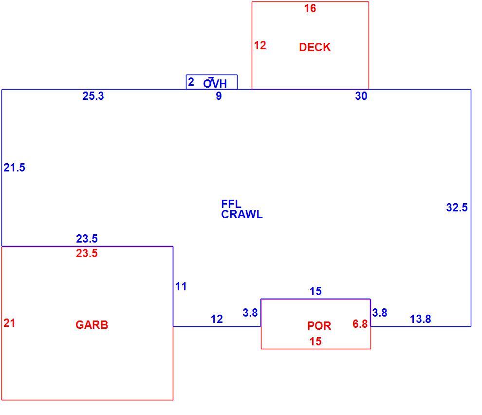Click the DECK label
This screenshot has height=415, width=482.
(x=315, y=47)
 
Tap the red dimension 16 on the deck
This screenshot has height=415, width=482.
(x=310, y=8)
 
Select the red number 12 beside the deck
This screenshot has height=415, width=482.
(x=260, y=45)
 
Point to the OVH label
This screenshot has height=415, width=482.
(x=215, y=83)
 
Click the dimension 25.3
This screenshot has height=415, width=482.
(x=93, y=96)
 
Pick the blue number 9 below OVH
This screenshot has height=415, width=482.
(x=219, y=96)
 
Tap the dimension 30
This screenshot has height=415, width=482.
(x=361, y=96)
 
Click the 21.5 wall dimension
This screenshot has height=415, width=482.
(x=15, y=168)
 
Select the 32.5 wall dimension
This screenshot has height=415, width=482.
(x=457, y=207)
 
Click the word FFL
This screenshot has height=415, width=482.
(x=231, y=204)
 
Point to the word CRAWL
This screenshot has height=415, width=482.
(x=242, y=214)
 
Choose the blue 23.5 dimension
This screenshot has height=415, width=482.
(x=87, y=238)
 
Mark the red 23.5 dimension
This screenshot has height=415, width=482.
(x=87, y=253)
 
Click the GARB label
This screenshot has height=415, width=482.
(x=92, y=325)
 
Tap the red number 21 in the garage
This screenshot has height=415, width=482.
(x=9, y=323)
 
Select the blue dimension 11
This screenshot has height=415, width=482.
(x=181, y=287)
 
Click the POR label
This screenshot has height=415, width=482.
(x=319, y=326)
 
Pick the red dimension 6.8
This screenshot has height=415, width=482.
(x=360, y=324)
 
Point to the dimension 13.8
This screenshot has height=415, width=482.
(x=421, y=319)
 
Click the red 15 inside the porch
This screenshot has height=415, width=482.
(x=315, y=341)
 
